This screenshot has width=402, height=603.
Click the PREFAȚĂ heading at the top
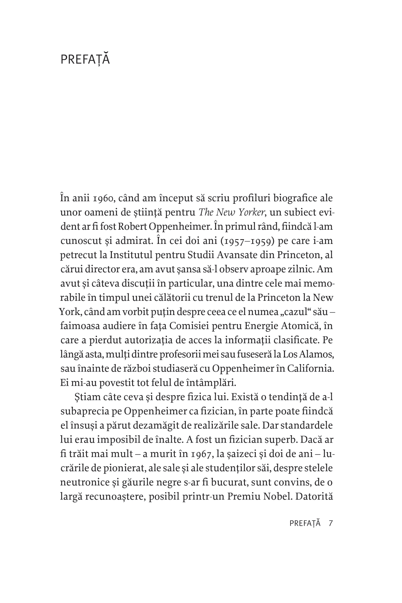[85, 59]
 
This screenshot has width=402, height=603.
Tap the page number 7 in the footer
[331, 523]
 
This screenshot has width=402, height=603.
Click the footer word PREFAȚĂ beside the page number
[305, 523]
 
